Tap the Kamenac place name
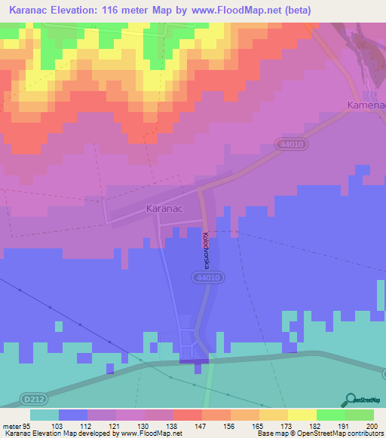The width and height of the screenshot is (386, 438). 365,105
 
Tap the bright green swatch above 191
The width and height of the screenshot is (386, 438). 330,414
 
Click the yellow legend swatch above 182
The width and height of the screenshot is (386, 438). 302,414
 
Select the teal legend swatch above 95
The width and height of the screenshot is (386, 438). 44,414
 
